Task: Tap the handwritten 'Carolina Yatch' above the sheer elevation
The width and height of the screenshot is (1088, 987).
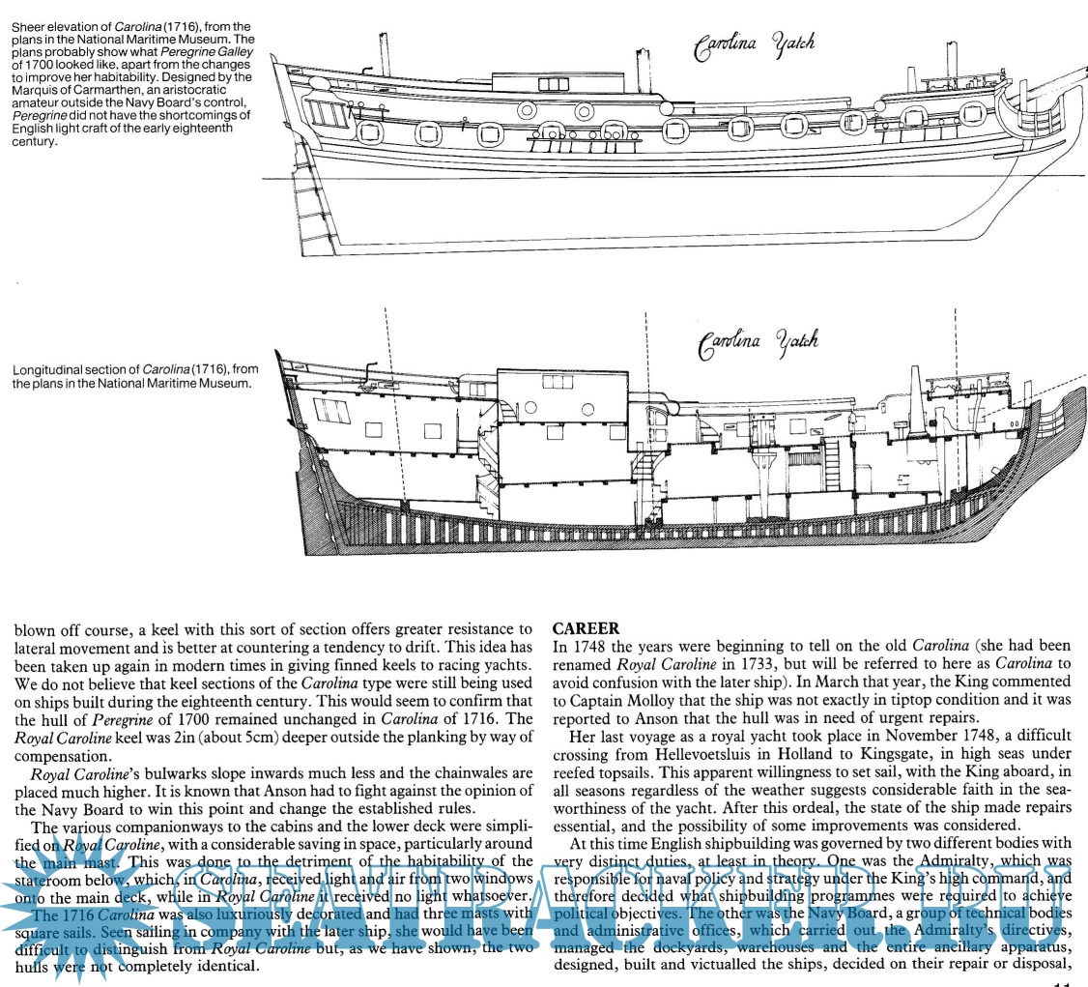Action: click(x=755, y=44)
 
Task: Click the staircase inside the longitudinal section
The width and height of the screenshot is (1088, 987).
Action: click(x=493, y=454)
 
